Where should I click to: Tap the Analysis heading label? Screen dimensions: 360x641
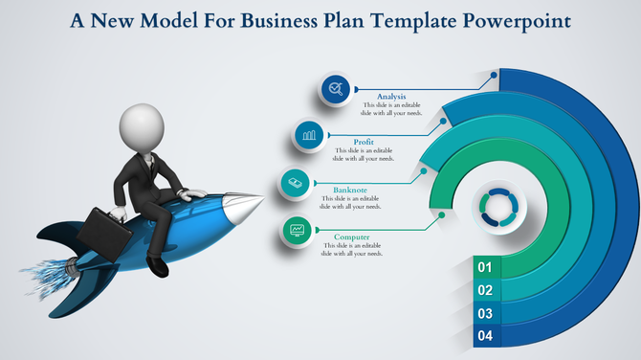click(391, 97)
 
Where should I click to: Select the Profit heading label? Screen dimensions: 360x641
click(364, 142)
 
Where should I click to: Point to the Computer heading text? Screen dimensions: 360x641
click(351, 236)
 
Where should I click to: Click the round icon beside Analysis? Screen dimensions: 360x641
click(335, 89)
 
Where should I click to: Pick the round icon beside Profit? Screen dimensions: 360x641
click(309, 135)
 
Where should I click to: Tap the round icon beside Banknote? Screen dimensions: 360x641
click(296, 182)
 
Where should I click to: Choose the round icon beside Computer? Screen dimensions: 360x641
click(298, 230)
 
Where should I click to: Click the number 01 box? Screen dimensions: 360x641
click(485, 267)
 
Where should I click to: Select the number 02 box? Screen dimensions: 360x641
click(485, 290)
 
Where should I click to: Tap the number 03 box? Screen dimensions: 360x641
click(485, 313)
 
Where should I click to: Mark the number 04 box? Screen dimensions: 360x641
click(485, 336)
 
